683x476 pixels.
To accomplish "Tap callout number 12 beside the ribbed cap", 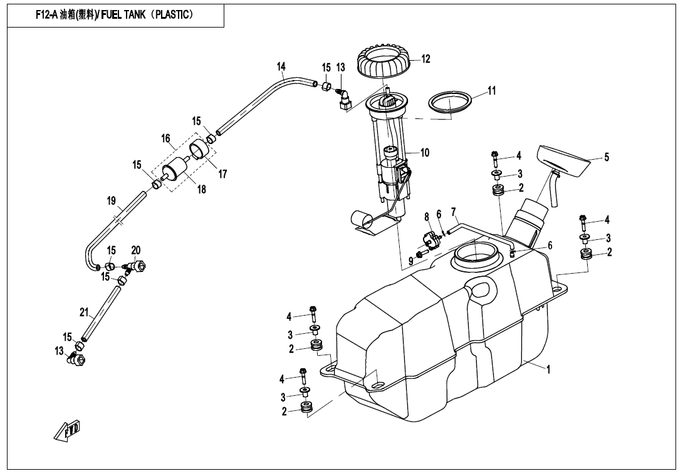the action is tap(425, 59).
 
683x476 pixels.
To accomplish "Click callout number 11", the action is tap(492, 91).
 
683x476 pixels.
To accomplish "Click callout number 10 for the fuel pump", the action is tap(425, 152).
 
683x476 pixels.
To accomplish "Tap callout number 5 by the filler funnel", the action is tap(607, 157).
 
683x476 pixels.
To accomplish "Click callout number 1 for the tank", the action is tap(548, 370).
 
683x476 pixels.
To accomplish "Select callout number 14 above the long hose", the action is tap(281, 66).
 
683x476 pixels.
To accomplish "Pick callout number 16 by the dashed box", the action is tap(165, 138).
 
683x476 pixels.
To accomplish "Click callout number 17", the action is tap(222, 174).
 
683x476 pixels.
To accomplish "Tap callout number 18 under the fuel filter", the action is tap(201, 189).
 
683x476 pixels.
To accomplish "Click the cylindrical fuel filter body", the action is tap(174, 171).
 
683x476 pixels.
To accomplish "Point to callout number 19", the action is tap(111, 201).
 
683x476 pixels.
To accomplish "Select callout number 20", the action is tap(136, 251).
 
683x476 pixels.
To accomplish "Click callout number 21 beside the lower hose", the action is tap(84, 313).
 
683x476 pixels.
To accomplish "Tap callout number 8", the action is tap(427, 217).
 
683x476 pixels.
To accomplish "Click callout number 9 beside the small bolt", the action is tap(411, 261).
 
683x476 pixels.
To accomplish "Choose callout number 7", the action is tap(454, 212).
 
